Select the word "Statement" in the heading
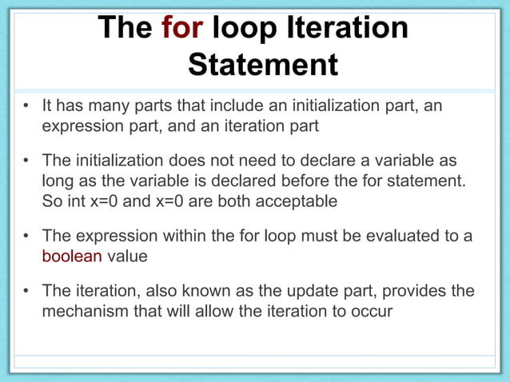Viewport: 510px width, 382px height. coord(262,65)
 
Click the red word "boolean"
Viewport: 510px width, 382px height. coord(72,256)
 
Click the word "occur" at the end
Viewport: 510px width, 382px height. coord(372,311)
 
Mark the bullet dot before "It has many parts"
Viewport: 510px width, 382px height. coord(26,107)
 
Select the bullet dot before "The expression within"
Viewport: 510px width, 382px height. coord(26,237)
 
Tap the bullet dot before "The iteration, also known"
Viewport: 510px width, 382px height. coord(26,292)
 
